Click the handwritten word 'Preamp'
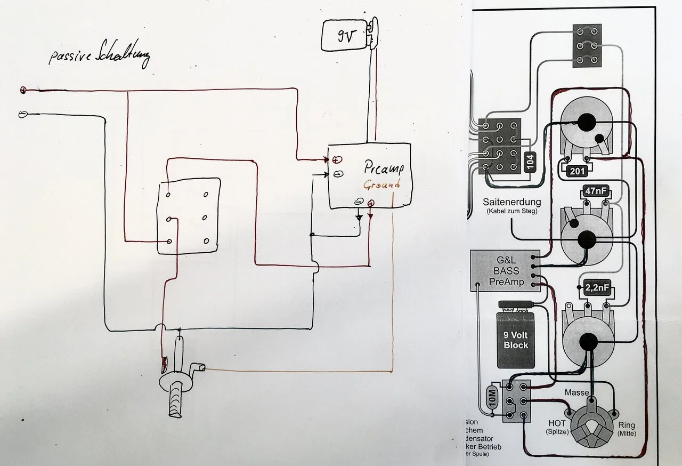[384, 168]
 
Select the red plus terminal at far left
[23, 90]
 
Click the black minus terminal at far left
[23, 114]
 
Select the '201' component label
[575, 171]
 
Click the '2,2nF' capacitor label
[597, 288]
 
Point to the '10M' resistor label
[491, 397]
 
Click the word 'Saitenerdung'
[512, 203]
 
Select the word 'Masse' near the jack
[577, 393]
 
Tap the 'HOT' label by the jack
[557, 423]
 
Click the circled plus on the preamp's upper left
[338, 159]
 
